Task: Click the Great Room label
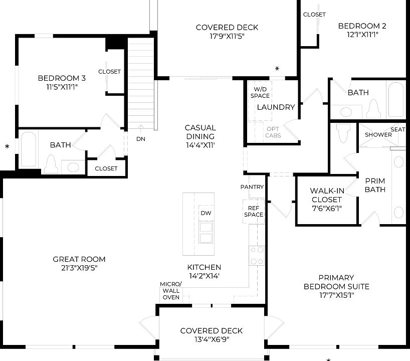[79, 259]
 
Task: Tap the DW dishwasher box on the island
[206, 213]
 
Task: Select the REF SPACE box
[253, 211]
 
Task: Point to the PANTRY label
[252, 187]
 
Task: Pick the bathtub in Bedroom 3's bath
[28, 148]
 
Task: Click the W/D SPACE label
[260, 92]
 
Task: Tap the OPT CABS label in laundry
[273, 132]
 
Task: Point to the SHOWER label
[378, 135]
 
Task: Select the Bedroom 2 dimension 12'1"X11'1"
[358, 35]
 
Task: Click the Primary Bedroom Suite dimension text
[336, 296]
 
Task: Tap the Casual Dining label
[200, 132]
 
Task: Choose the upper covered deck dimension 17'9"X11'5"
[227, 36]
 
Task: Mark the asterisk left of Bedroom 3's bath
[7, 147]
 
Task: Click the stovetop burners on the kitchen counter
[257, 255]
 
